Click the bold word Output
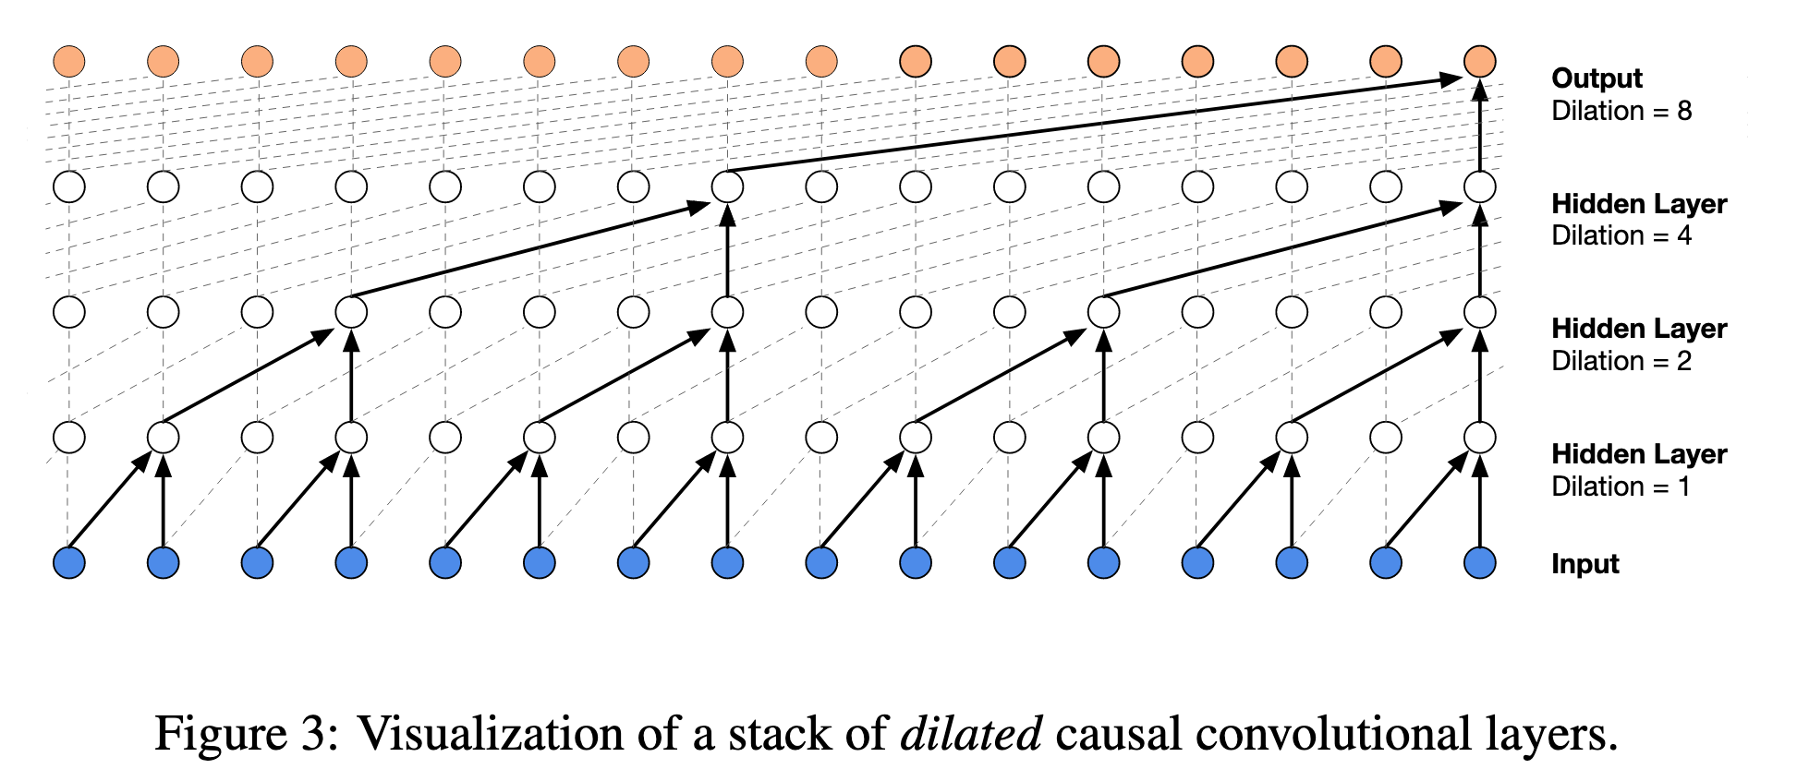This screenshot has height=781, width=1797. pyautogui.click(x=1597, y=78)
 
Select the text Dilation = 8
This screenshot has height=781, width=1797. pyautogui.click(x=1621, y=111)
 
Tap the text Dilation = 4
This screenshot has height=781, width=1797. pyautogui.click(x=1621, y=235)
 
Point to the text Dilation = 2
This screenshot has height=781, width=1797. pyautogui.click(x=1621, y=361)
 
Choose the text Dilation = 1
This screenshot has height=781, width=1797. pyautogui.click(x=1621, y=487)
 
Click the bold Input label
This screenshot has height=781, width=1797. pyautogui.click(x=1585, y=564)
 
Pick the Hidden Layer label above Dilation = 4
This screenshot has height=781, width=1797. pyautogui.click(x=1639, y=204)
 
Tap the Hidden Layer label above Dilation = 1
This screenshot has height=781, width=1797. pyautogui.click(x=1639, y=454)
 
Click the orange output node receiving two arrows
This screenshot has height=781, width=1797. pyautogui.click(x=1479, y=62)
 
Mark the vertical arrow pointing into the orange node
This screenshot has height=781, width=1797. pyautogui.click(x=1479, y=129)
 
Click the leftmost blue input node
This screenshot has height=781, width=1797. pyautogui.click(x=69, y=562)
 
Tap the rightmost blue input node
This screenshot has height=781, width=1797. pyautogui.click(x=1479, y=562)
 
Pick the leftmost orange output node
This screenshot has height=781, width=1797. pyautogui.click(x=69, y=62)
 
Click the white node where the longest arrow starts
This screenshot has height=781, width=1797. pyautogui.click(x=727, y=187)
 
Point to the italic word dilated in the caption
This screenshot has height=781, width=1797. pyautogui.click(x=971, y=735)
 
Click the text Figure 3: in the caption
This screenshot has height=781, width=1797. pyautogui.click(x=246, y=735)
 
